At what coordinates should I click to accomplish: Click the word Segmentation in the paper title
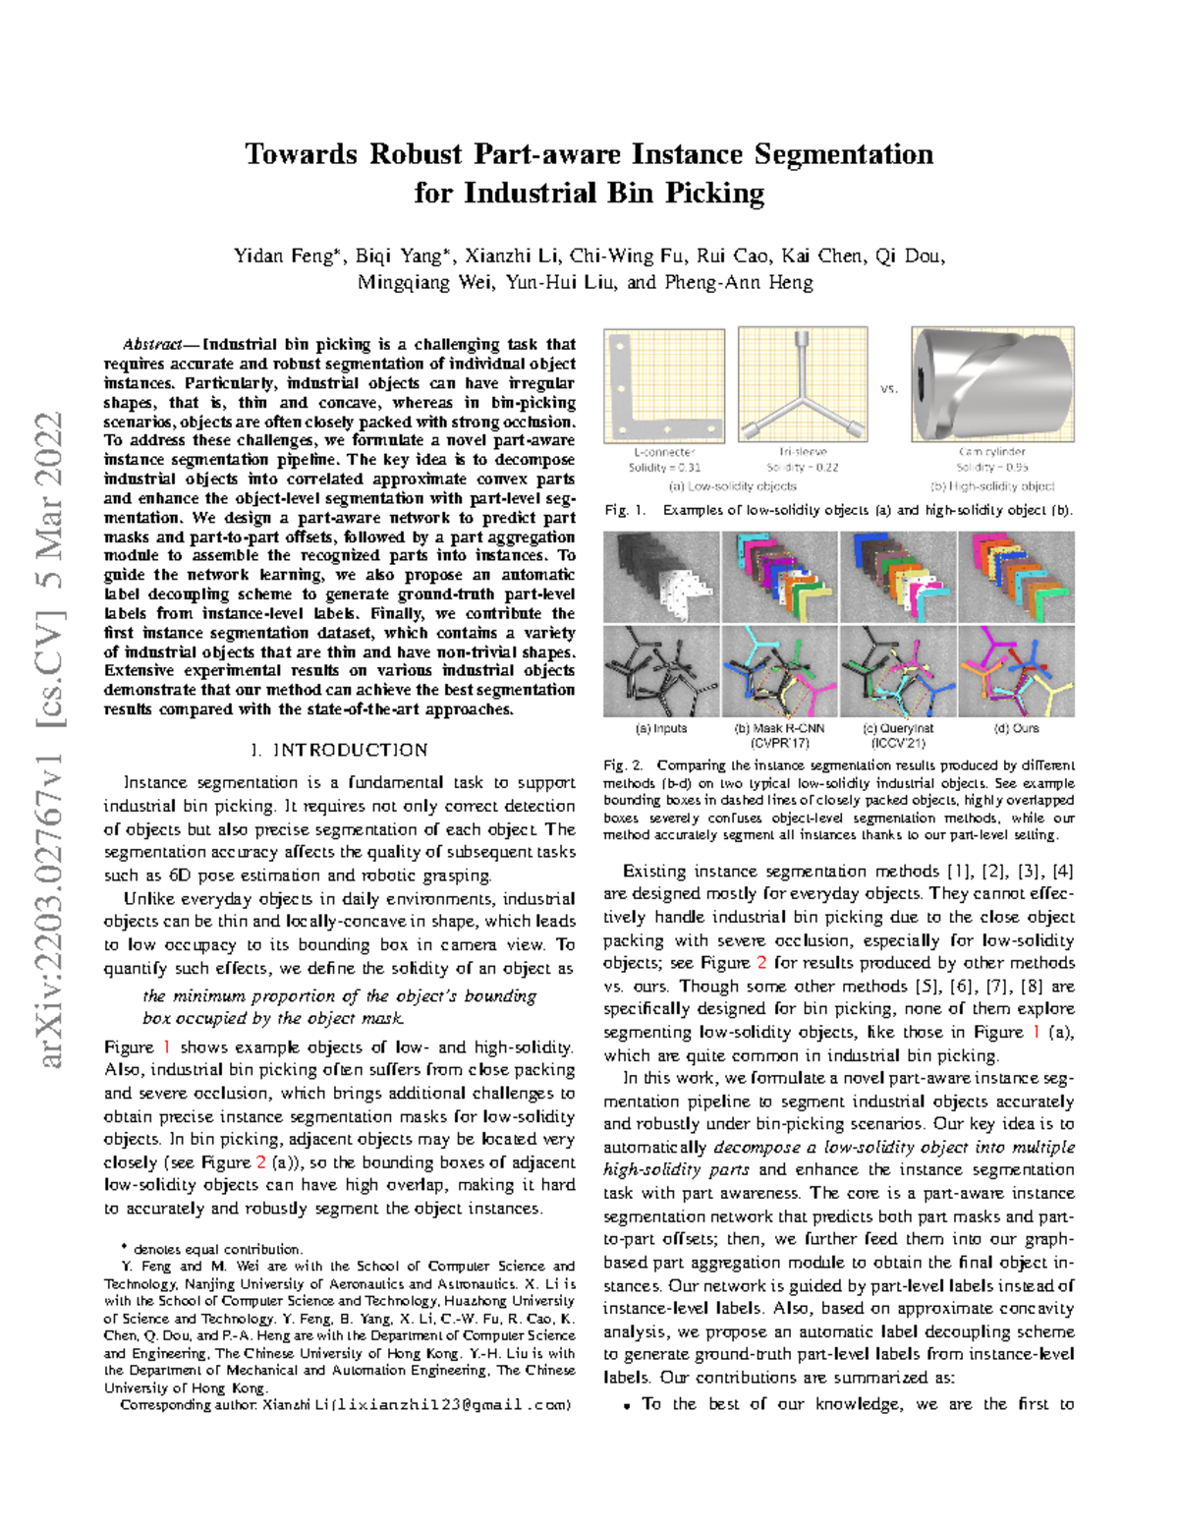pos(843,154)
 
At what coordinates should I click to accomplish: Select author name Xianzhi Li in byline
pos(510,256)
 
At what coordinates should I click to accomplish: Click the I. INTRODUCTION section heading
pos(339,750)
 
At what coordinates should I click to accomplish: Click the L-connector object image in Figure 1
pos(664,386)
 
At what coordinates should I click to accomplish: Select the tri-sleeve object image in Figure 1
pos(803,386)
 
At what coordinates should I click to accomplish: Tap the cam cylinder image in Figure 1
pos(991,386)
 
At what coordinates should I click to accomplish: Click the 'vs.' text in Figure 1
pos(889,389)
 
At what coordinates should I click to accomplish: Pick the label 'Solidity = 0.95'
pos(991,468)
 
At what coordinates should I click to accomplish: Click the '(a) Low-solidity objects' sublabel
pos(732,486)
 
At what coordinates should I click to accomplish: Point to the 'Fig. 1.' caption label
pos(625,510)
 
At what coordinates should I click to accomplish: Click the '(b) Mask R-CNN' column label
pos(780,728)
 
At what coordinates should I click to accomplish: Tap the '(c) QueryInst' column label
pos(898,728)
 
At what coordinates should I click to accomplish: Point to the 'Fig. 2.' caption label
pos(623,764)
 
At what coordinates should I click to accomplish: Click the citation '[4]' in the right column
pos(1062,871)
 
